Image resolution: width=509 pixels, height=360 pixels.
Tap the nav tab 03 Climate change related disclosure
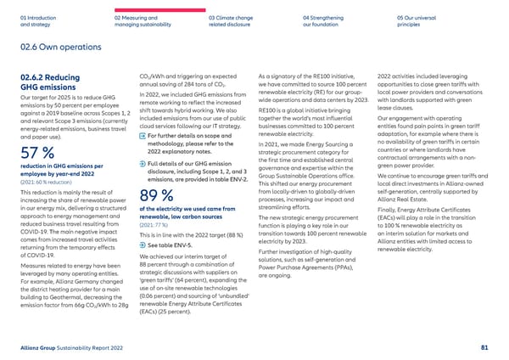tap(232, 20)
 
